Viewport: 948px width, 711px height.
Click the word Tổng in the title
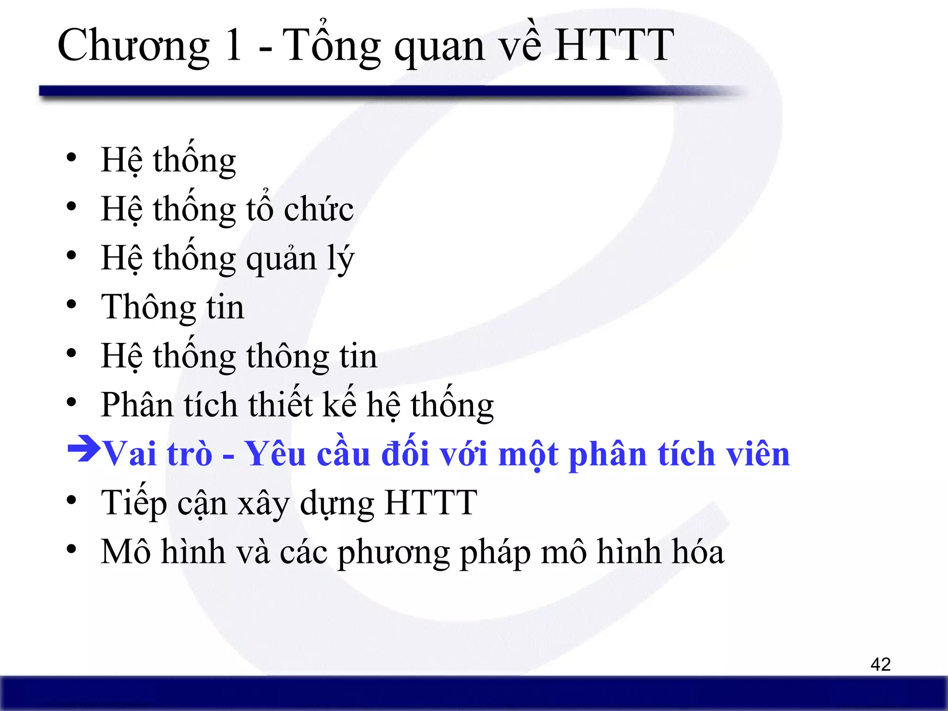point(331,46)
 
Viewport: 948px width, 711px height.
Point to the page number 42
point(880,664)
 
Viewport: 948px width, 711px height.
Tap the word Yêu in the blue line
point(275,454)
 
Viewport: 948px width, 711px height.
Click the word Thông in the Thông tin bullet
point(149,307)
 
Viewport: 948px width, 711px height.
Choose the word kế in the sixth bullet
point(339,404)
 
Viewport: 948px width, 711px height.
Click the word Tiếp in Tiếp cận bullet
point(134,503)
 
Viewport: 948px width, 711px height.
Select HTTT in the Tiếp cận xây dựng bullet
point(430,503)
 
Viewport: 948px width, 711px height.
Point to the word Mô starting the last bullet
point(126,552)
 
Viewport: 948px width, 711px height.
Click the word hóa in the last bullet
point(698,552)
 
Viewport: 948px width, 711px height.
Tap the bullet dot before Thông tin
point(71,305)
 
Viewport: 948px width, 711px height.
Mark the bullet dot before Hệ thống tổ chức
point(71,206)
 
